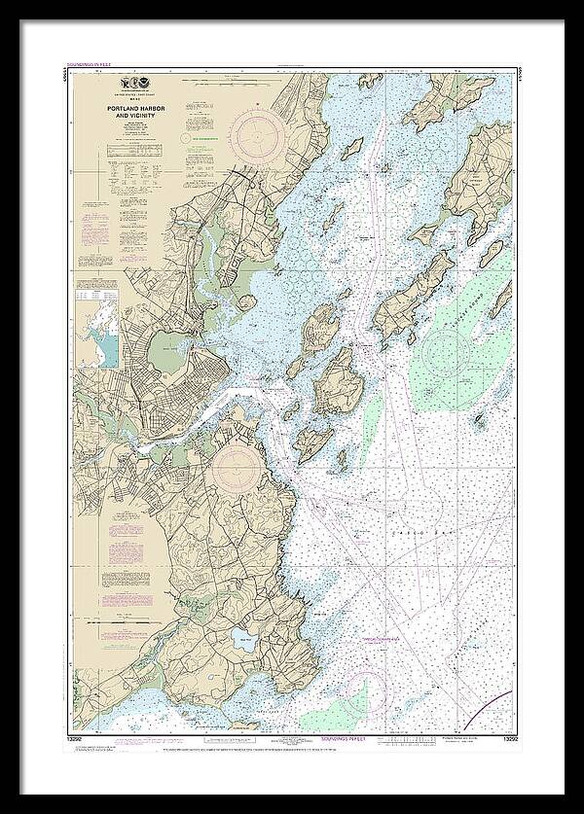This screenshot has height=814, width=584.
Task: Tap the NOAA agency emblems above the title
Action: pyautogui.click(x=128, y=85)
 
